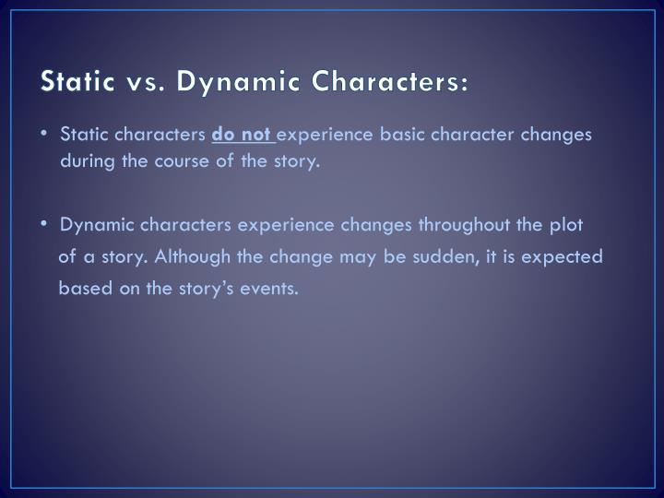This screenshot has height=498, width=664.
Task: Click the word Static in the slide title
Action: tap(77, 82)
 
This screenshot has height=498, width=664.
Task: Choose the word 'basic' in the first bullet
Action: tap(401, 135)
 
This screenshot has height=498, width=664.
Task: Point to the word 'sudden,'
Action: tap(445, 256)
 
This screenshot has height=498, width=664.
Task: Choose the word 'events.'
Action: tap(270, 288)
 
